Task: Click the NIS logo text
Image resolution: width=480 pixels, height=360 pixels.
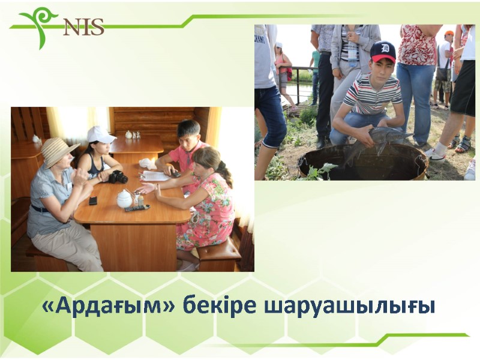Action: tap(83, 26)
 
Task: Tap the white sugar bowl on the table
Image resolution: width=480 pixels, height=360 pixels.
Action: tap(124, 199)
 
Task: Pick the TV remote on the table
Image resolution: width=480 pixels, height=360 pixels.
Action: tap(137, 208)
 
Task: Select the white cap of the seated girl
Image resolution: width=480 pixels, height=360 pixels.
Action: tap(100, 134)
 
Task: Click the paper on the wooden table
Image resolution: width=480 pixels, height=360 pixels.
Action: tap(155, 176)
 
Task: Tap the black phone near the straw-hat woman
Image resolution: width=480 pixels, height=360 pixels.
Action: tap(93, 200)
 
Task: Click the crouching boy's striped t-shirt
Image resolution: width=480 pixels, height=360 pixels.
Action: tap(373, 95)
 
